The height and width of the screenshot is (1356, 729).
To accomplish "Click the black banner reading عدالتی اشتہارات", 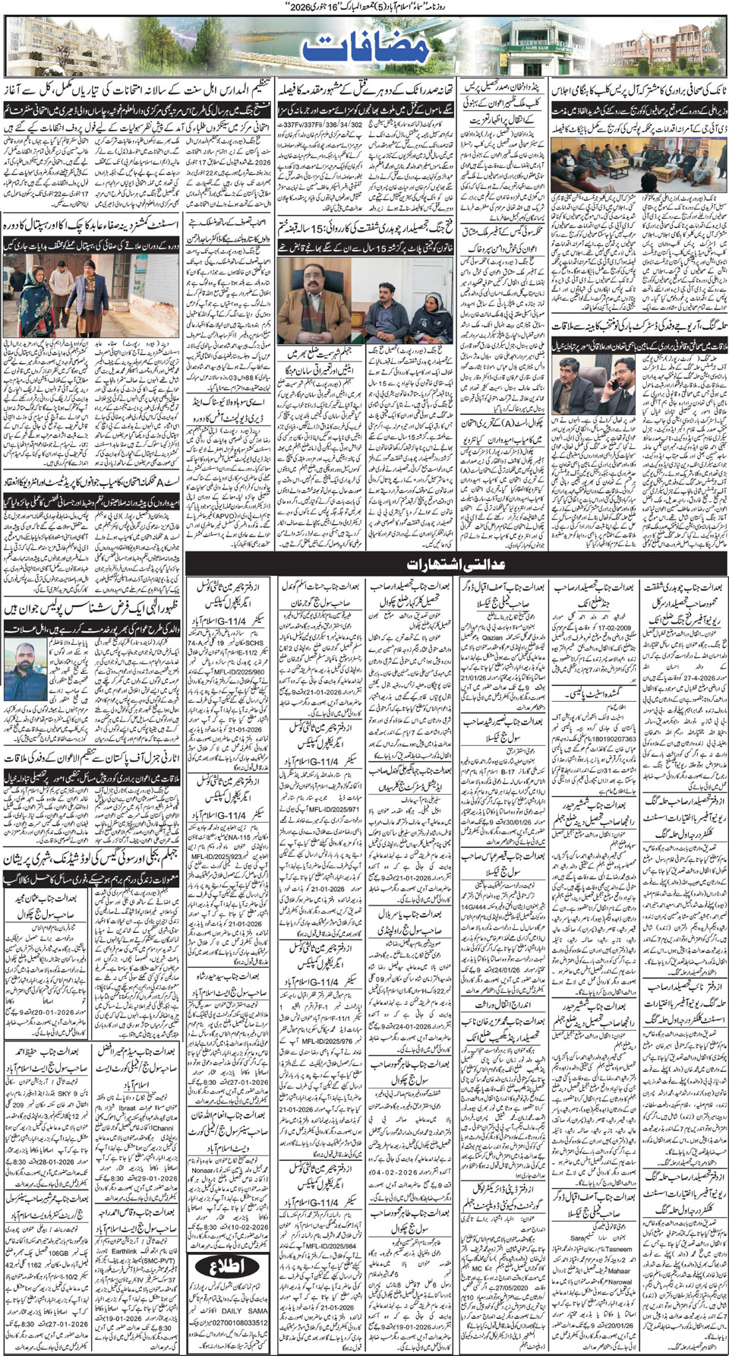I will (x=455, y=564).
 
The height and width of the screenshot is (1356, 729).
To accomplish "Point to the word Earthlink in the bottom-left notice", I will (x=125, y=1250).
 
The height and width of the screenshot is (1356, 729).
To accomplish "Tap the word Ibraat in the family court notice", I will (x=124, y=1108).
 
